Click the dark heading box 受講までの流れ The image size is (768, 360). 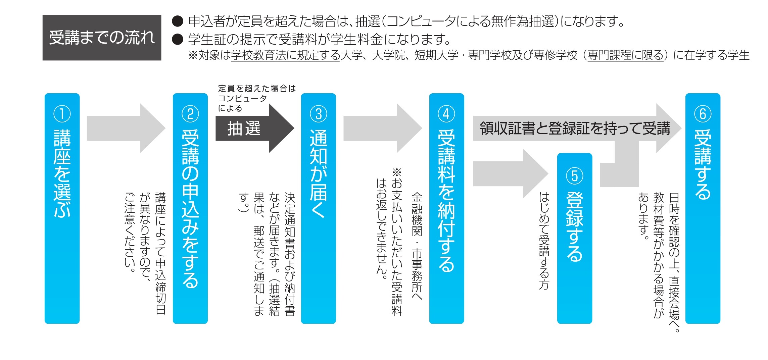pos(102,38)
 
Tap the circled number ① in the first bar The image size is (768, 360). pos(62,114)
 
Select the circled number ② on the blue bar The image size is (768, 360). pos(190,114)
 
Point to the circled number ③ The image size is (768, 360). pos(319,114)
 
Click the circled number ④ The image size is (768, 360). pos(446,114)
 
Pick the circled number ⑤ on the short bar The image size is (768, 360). pos(575,176)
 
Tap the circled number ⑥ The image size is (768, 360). pos(703,114)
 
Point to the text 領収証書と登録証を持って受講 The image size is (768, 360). pos(575,128)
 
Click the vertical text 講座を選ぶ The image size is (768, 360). pos(62,173)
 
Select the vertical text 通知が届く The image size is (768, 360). pos(319,173)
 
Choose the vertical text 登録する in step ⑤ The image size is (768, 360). pos(575,226)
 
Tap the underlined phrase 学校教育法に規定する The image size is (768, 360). pos(285,55)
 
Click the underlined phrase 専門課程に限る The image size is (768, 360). pos(626,55)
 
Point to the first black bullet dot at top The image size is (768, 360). pos(178,21)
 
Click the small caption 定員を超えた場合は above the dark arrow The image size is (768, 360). pos(257,89)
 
